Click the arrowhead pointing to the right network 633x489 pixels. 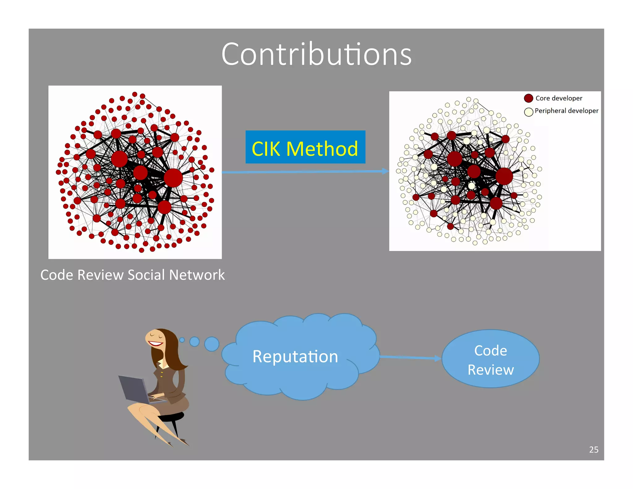[385, 171]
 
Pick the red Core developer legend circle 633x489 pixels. [529, 98]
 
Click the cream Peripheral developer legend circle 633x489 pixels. [529, 112]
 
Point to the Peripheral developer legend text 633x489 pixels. [566, 111]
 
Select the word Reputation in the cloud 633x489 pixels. [295, 356]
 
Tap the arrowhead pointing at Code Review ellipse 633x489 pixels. [438, 358]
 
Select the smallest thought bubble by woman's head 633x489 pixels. [182, 340]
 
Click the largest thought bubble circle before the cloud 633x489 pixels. [212, 344]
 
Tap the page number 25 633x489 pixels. [593, 449]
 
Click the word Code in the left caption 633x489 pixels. [57, 275]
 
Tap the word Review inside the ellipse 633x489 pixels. [491, 370]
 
